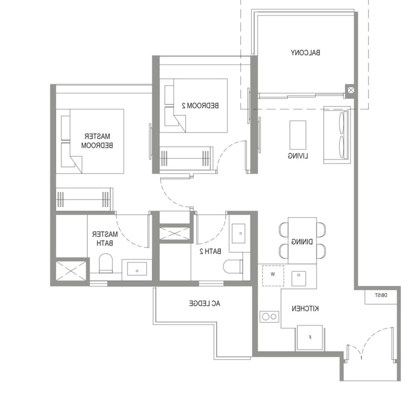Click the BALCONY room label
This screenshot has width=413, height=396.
tap(306, 53)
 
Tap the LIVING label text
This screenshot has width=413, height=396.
tap(298, 156)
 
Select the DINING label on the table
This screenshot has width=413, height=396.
tap(302, 241)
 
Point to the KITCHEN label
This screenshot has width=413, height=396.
tap(305, 308)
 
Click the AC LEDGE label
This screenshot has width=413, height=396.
tap(204, 303)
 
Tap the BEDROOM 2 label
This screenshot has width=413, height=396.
tap(200, 105)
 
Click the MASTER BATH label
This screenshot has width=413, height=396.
tap(105, 238)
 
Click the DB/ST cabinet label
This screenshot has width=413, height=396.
tap(381, 296)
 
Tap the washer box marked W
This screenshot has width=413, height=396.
tap(273, 276)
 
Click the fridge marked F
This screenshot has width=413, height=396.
tap(310, 338)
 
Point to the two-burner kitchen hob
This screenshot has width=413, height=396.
tap(269, 316)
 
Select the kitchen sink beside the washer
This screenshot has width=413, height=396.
tap(299, 278)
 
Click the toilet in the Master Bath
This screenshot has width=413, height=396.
tap(106, 263)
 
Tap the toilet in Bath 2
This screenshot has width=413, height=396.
tap(233, 266)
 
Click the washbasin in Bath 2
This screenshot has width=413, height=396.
tap(239, 234)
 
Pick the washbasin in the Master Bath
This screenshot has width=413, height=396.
tap(137, 269)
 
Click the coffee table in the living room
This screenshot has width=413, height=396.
tap(298, 135)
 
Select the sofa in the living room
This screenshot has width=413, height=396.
tap(337, 135)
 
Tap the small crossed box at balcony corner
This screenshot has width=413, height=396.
tap(351, 90)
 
